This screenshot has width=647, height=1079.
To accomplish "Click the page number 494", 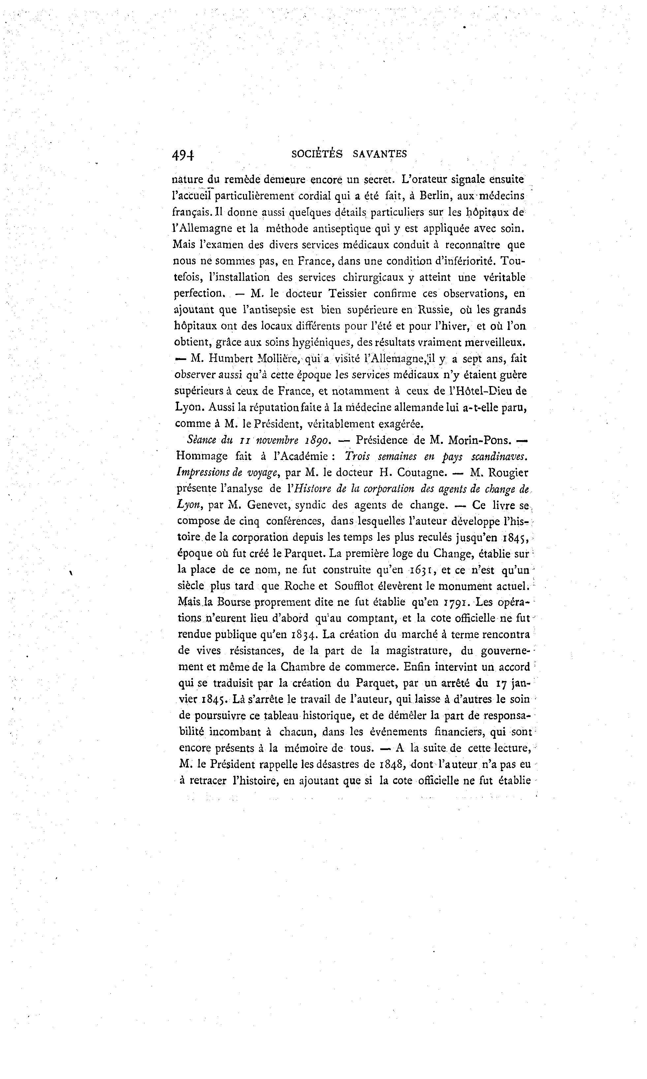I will tap(183, 155).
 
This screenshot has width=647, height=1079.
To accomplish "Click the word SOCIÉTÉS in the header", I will tap(317, 154).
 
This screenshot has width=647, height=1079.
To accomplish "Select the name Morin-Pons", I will tap(479, 440).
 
